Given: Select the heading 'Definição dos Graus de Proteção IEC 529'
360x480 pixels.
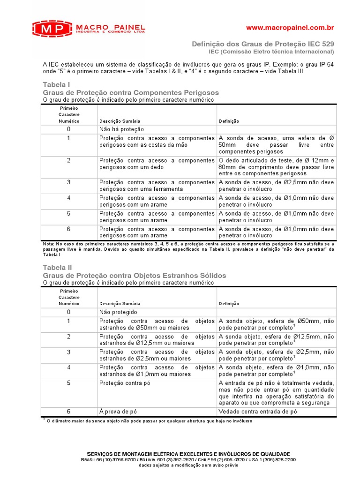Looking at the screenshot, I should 263,44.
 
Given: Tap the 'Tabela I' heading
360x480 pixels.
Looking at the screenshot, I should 56,84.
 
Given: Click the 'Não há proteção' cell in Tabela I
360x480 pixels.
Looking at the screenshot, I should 121,129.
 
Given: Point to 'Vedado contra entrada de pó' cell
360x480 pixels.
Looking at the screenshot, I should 258,412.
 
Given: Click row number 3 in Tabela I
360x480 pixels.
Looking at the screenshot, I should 69,182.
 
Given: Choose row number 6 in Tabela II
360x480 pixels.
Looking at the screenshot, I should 69,412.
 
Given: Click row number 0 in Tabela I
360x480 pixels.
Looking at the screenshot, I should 69,129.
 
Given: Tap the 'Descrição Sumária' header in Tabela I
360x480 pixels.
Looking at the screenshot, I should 120,121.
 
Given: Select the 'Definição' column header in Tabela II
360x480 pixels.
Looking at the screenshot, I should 229,304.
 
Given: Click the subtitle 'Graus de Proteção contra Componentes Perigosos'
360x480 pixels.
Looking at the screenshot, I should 131,92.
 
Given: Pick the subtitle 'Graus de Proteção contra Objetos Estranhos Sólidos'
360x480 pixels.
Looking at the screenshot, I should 134,275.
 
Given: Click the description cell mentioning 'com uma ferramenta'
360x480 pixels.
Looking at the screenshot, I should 157,186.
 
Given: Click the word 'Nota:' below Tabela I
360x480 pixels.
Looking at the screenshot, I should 48,244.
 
